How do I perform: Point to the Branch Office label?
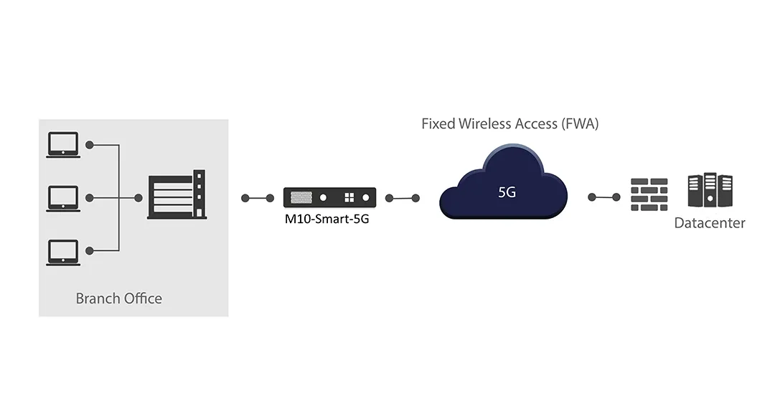coord(119,298)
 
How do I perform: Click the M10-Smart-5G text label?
coord(327,219)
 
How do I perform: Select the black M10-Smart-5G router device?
coord(329,197)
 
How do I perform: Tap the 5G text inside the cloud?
coord(507,192)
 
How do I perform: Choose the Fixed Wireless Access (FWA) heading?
coord(509,123)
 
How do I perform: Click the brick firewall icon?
coord(649,194)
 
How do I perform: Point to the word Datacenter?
coord(710,223)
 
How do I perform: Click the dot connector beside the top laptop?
coord(90,145)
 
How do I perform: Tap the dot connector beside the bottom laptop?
coord(90,250)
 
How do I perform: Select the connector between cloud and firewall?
coord(604,197)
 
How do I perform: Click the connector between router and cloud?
coord(402,198)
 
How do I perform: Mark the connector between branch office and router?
coord(258,198)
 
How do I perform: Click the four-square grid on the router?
coord(349,197)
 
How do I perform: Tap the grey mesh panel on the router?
coord(302,196)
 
